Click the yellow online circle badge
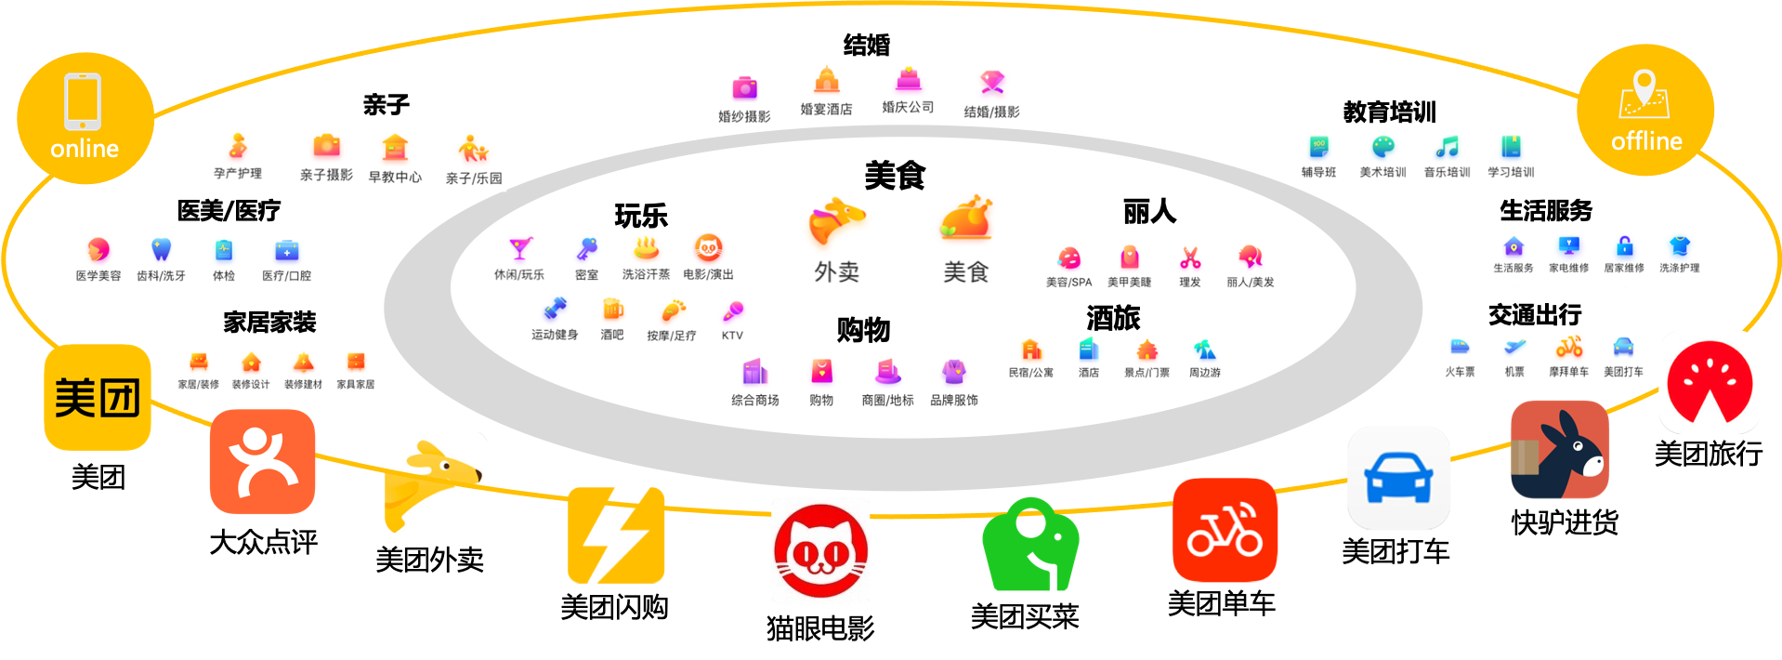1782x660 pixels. pos(85,118)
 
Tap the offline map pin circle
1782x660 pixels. pos(1645,110)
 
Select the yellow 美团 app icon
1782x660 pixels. pos(98,398)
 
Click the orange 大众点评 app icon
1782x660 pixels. pos(263,462)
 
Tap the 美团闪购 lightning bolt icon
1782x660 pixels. pos(616,535)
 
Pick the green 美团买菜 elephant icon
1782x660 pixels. pos(1030,545)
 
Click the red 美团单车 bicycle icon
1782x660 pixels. pos(1225,530)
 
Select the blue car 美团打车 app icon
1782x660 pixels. pos(1398,478)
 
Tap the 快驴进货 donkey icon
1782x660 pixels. pos(1560,451)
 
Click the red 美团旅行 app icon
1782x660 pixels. pos(1710,382)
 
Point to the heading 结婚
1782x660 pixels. pos(867,45)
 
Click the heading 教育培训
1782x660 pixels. pos(1389,112)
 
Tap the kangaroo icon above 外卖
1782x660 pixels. pos(836,220)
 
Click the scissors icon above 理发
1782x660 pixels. pos(1190,257)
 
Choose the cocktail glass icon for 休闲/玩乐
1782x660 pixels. pos(520,248)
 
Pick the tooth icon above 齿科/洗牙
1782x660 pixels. pos(161,249)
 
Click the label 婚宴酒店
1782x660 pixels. pos(826,109)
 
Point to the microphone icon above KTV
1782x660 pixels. pos(733,310)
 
